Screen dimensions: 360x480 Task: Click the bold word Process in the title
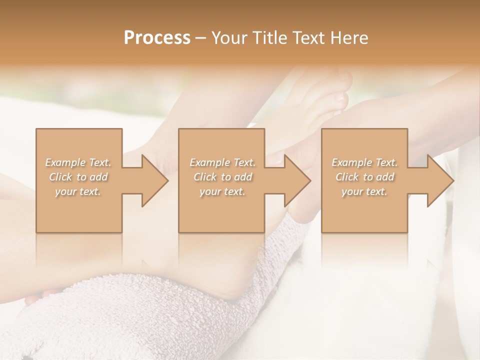157,37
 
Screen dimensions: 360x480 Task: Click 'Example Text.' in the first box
78,162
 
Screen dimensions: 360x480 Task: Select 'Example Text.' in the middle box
222,162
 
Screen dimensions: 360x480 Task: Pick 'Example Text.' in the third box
364,162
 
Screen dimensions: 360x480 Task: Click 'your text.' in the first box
78,191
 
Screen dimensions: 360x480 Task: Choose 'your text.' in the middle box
222,191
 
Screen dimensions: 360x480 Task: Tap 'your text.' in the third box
364,191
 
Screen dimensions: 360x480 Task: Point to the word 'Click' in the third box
347,177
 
